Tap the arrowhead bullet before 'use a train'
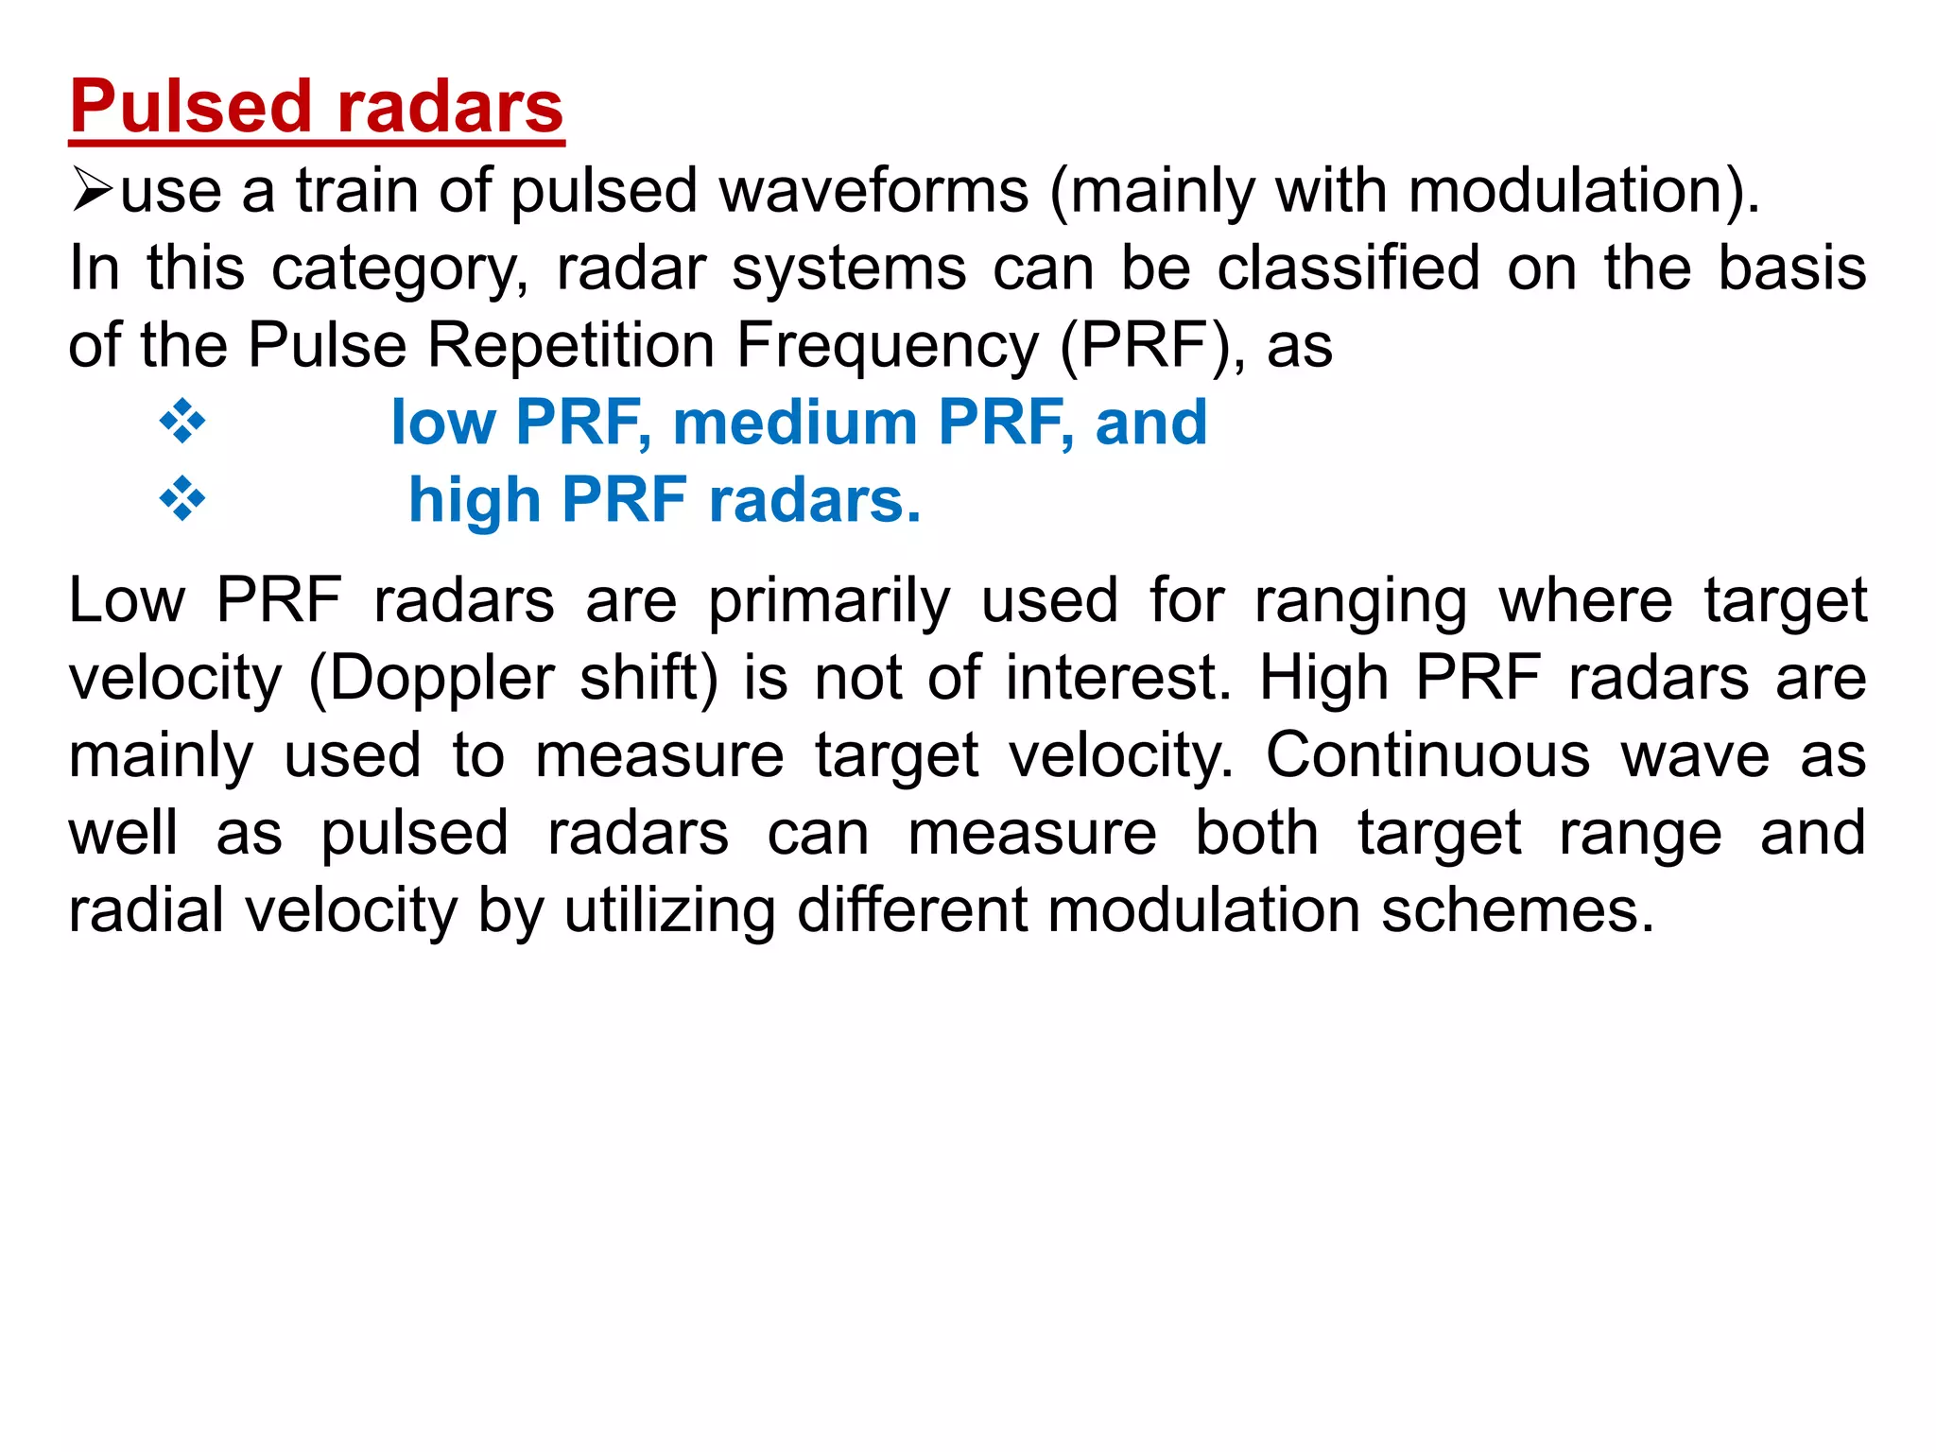coord(92,191)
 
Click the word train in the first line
coord(357,191)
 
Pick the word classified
coord(1348,268)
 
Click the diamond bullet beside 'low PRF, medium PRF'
coord(182,422)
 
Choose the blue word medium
coord(795,422)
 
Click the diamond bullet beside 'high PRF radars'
coord(182,499)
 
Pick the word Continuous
coord(1427,756)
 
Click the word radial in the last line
coord(147,910)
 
